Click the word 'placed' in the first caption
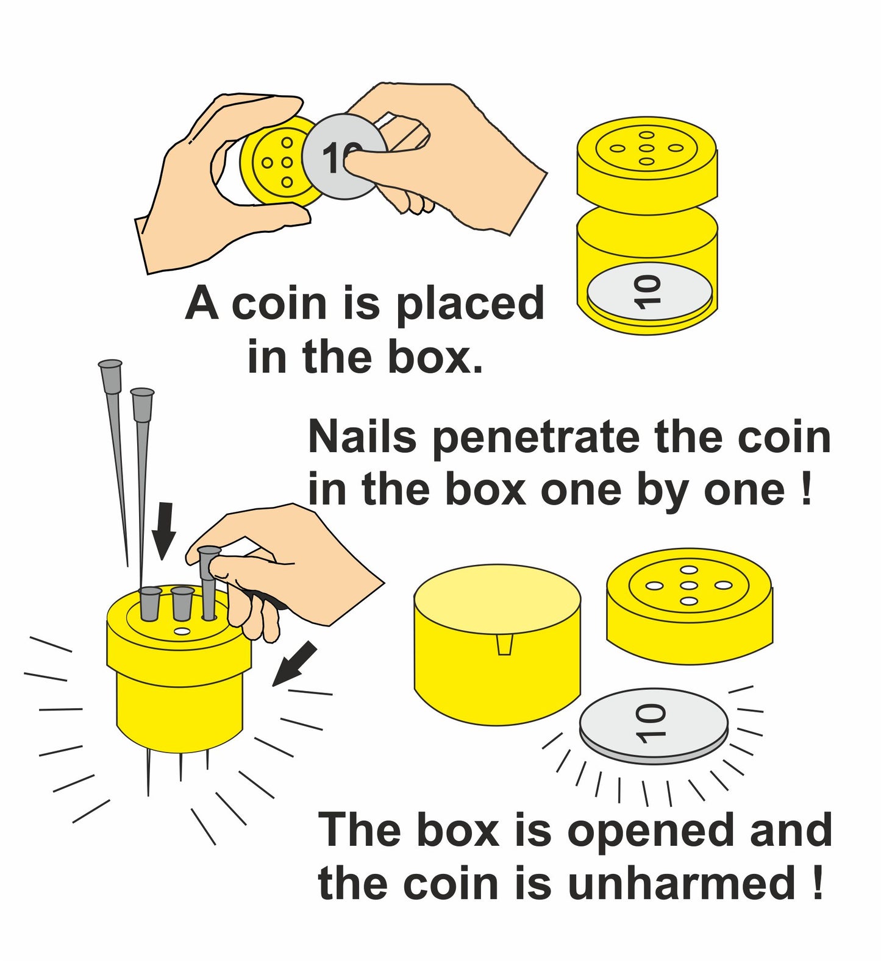click(469, 305)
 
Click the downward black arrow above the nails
click(163, 531)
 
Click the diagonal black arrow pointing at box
click(295, 664)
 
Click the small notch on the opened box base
click(504, 644)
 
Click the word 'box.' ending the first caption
click(435, 358)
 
